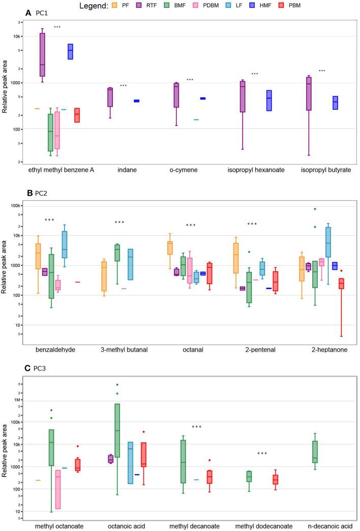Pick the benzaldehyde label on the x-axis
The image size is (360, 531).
tap(64, 350)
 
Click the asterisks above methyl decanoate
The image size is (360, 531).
tap(197, 427)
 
